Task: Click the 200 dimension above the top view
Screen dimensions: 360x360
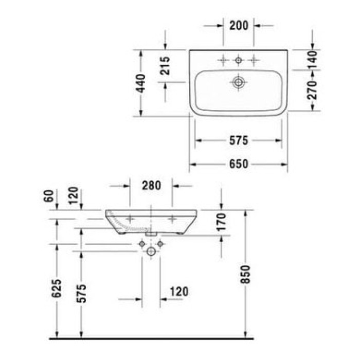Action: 239,24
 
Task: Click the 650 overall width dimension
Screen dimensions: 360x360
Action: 239,165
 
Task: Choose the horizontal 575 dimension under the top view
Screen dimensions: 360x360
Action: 239,140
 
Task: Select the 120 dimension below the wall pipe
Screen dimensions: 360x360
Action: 178,292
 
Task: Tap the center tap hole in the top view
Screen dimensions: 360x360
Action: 238,61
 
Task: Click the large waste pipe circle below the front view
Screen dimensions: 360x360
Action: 151,251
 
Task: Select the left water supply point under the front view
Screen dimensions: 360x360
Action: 142,243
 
